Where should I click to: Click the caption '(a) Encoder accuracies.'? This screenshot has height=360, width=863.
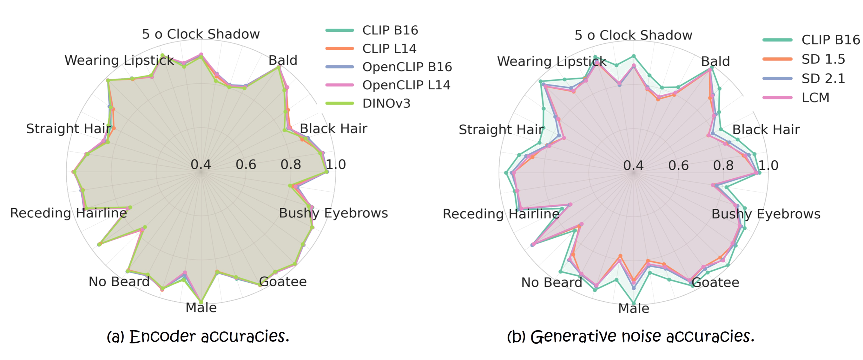click(x=198, y=336)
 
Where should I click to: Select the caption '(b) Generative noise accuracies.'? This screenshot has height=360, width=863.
click(x=631, y=336)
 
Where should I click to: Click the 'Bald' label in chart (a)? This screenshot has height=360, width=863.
click(x=283, y=60)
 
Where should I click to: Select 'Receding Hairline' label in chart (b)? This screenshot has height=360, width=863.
click(x=501, y=214)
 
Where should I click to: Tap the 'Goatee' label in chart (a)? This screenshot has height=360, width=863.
click(x=283, y=282)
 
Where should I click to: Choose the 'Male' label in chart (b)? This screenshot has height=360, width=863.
click(x=634, y=308)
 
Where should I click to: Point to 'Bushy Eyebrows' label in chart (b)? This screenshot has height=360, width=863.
click(x=766, y=214)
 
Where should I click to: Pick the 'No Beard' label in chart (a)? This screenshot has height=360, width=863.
click(x=119, y=282)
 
